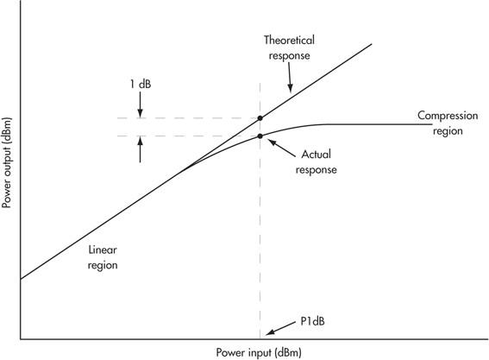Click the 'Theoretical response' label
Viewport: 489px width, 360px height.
click(x=289, y=47)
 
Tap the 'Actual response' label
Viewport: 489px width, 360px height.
click(x=316, y=162)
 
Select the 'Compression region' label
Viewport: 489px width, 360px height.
click(x=448, y=123)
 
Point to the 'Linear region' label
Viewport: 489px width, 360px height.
click(x=103, y=257)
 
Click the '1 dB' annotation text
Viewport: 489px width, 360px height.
click(x=141, y=84)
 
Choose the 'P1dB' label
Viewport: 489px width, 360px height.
click(x=312, y=321)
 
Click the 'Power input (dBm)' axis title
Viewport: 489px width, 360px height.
click(x=259, y=352)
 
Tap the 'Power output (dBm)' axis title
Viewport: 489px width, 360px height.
click(x=6, y=162)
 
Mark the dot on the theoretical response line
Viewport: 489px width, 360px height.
click(x=260, y=118)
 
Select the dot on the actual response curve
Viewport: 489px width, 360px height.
click(x=260, y=136)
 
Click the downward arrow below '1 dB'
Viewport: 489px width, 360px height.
click(x=140, y=104)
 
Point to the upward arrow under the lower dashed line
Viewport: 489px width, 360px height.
click(x=140, y=149)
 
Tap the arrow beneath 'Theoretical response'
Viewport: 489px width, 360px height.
click(x=290, y=78)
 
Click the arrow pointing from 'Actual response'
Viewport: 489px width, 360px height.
click(x=282, y=148)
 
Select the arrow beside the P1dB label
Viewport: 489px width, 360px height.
click(x=280, y=328)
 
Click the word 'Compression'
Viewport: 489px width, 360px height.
click(x=448, y=116)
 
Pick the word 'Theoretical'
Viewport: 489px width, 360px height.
click(x=289, y=40)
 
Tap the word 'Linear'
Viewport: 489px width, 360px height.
click(x=103, y=249)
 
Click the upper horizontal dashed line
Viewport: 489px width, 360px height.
click(x=188, y=118)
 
